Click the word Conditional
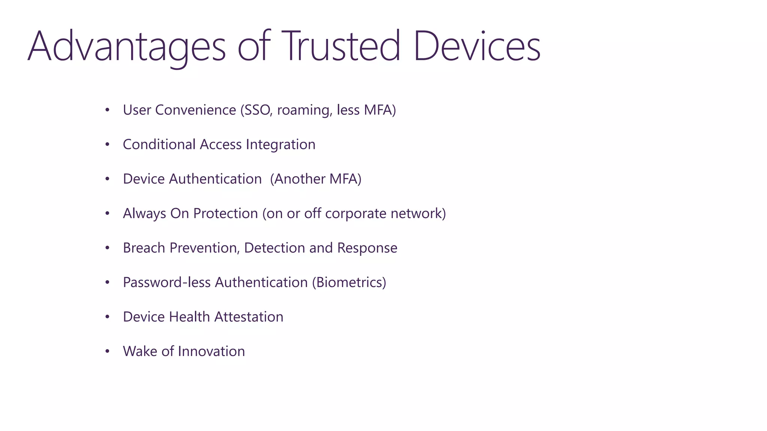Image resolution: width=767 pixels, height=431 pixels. [x=159, y=144]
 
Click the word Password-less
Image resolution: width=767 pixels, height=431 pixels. [x=167, y=282]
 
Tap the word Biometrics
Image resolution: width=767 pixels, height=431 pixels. [x=349, y=282]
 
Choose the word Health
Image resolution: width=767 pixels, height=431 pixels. [x=189, y=317]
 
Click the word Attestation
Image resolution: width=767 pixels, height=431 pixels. [x=249, y=317]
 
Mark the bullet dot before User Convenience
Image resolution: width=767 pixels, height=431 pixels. [x=107, y=110]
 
